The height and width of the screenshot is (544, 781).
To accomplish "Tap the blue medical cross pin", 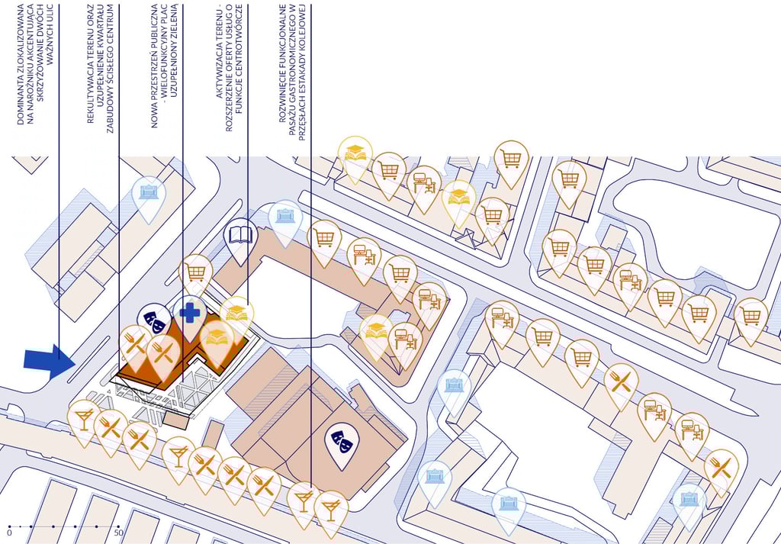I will coord(188,313).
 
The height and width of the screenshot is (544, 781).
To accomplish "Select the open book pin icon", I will coord(240,234).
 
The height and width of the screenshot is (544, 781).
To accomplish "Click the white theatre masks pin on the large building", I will coord(342,439).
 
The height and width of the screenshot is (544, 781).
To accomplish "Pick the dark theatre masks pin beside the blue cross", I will coord(154,320).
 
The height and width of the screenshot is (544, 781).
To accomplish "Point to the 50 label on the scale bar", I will coord(118,533).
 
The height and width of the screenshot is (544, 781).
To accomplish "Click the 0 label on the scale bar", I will coord(9,533).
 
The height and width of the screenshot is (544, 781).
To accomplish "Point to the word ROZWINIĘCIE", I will coord(282,94).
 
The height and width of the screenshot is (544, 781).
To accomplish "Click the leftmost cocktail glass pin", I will coord(83,419).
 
